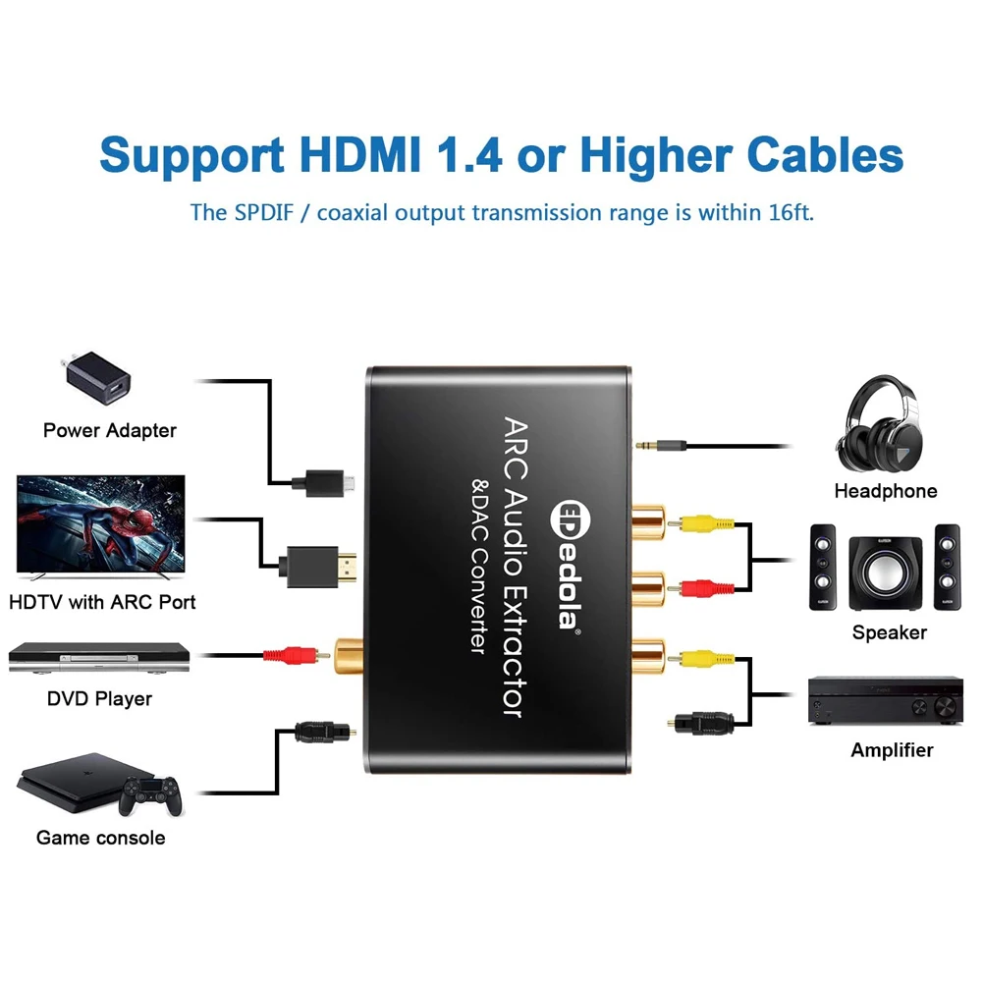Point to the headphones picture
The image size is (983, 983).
(x=882, y=428)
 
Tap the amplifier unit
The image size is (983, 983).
(x=884, y=699)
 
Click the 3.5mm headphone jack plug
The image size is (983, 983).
(x=658, y=445)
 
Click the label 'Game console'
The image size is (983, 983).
(x=100, y=838)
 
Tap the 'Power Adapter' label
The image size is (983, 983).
(x=110, y=430)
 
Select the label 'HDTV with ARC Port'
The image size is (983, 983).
(x=102, y=602)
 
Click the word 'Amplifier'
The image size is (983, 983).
(x=892, y=750)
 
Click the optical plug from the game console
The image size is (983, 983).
(x=312, y=732)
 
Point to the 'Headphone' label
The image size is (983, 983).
(x=885, y=491)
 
